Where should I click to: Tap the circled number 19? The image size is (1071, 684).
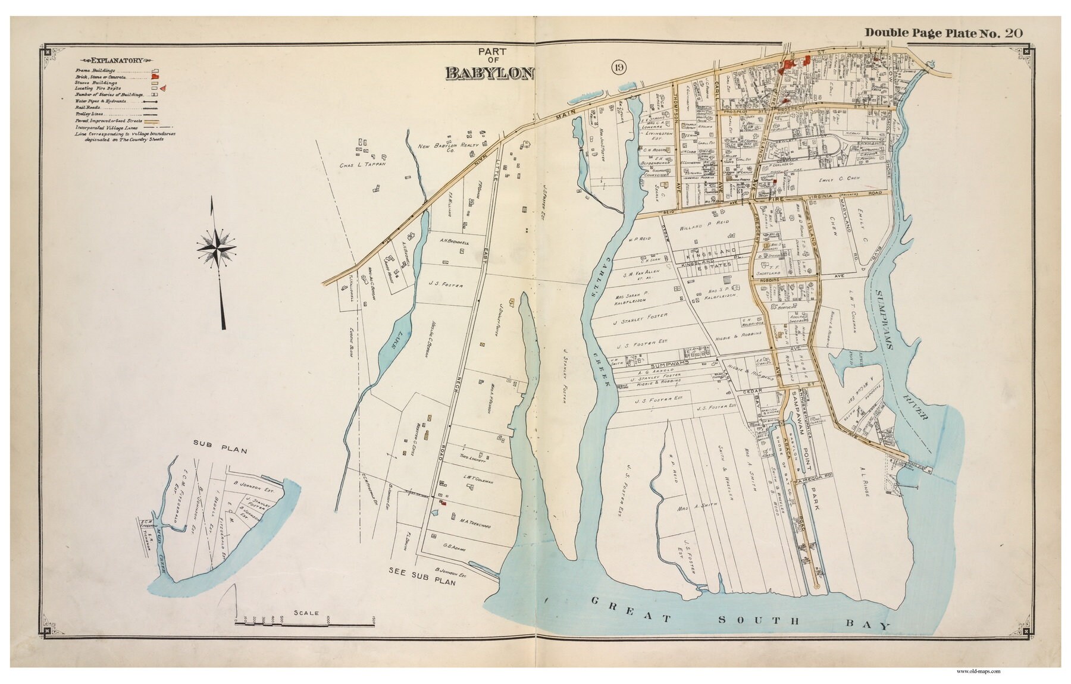point(618,68)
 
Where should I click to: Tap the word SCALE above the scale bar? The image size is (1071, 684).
point(306,613)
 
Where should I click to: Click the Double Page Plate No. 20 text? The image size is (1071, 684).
point(943,33)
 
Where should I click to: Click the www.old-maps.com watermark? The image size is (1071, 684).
point(978,671)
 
